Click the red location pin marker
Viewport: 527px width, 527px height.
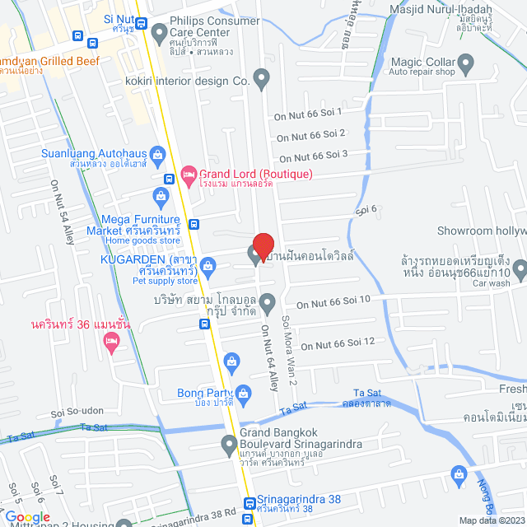click(x=263, y=245)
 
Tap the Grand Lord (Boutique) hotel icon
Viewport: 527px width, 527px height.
click(x=188, y=174)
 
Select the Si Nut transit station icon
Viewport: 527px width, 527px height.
click(x=141, y=24)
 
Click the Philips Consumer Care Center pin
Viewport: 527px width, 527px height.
click(x=159, y=33)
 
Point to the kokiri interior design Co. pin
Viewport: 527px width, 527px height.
click(x=262, y=81)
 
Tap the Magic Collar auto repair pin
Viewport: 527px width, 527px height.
click(x=465, y=63)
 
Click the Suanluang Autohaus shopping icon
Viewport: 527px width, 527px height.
click(x=158, y=154)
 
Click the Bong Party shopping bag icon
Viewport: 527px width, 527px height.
click(x=232, y=361)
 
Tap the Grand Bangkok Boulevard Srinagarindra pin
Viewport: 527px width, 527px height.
click(x=230, y=446)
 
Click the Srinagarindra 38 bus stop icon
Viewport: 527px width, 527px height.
click(x=250, y=505)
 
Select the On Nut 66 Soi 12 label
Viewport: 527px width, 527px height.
click(x=338, y=342)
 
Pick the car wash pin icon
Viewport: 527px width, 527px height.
click(x=520, y=268)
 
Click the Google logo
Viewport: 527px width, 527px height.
click(x=27, y=516)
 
